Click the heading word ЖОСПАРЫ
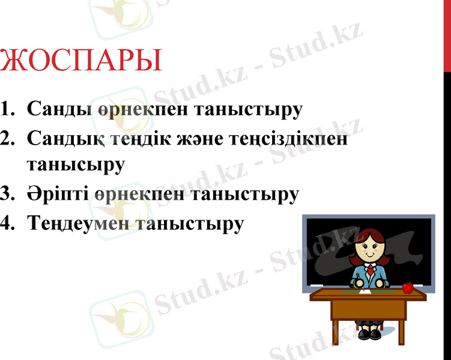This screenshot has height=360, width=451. pyautogui.click(x=81, y=61)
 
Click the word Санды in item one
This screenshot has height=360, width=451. pyautogui.click(x=59, y=110)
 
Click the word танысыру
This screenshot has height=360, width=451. pyautogui.click(x=75, y=165)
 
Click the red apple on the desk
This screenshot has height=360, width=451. pyautogui.click(x=408, y=287)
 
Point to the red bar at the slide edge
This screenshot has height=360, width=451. pyautogui.click(x=447, y=36)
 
